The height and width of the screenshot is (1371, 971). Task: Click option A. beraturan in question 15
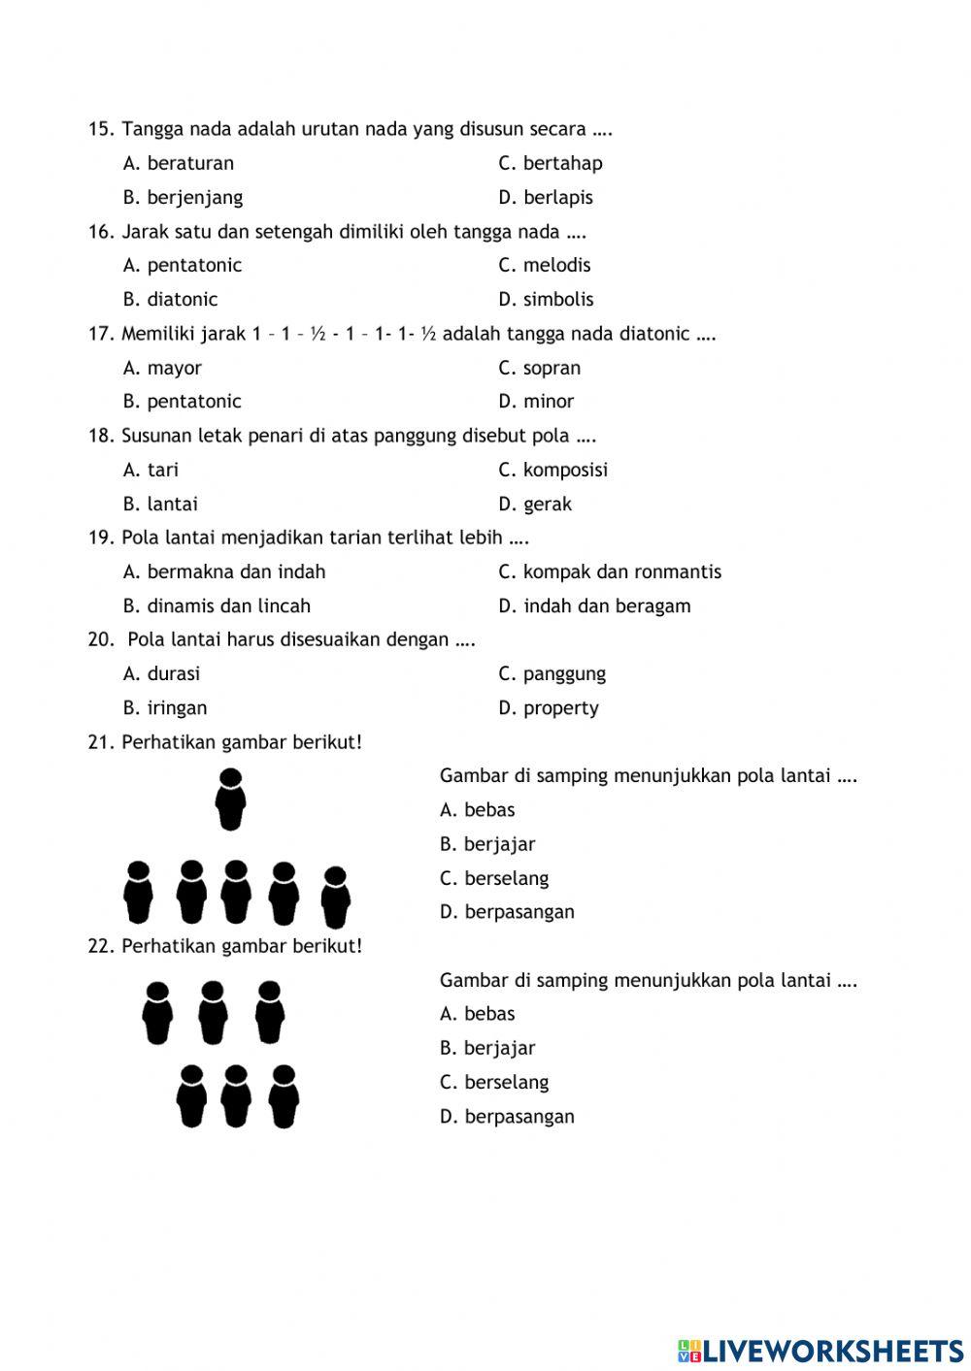(179, 163)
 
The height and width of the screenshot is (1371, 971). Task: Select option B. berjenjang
(183, 197)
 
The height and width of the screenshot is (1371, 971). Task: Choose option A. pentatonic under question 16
(183, 265)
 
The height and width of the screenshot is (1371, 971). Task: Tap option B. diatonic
(170, 299)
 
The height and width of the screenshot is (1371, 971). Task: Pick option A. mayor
(162, 368)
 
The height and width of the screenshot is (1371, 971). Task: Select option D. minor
(536, 401)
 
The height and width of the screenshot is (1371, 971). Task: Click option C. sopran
(540, 368)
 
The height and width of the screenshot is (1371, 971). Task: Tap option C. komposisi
(553, 470)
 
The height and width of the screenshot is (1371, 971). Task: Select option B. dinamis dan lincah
(217, 605)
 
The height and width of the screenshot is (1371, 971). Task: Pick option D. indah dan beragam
(594, 605)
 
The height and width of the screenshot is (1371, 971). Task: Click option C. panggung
(552, 673)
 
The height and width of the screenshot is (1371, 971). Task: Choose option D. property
(549, 707)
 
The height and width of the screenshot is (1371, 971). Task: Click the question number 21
(101, 742)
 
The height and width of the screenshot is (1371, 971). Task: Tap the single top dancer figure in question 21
(230, 799)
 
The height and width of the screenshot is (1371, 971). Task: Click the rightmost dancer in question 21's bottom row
(335, 897)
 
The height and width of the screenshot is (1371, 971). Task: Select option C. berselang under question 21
(494, 878)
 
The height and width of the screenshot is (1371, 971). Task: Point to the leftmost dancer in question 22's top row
(157, 1012)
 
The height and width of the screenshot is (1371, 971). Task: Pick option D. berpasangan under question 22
(507, 1116)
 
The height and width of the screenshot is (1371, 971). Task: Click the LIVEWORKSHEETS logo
(820, 1350)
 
